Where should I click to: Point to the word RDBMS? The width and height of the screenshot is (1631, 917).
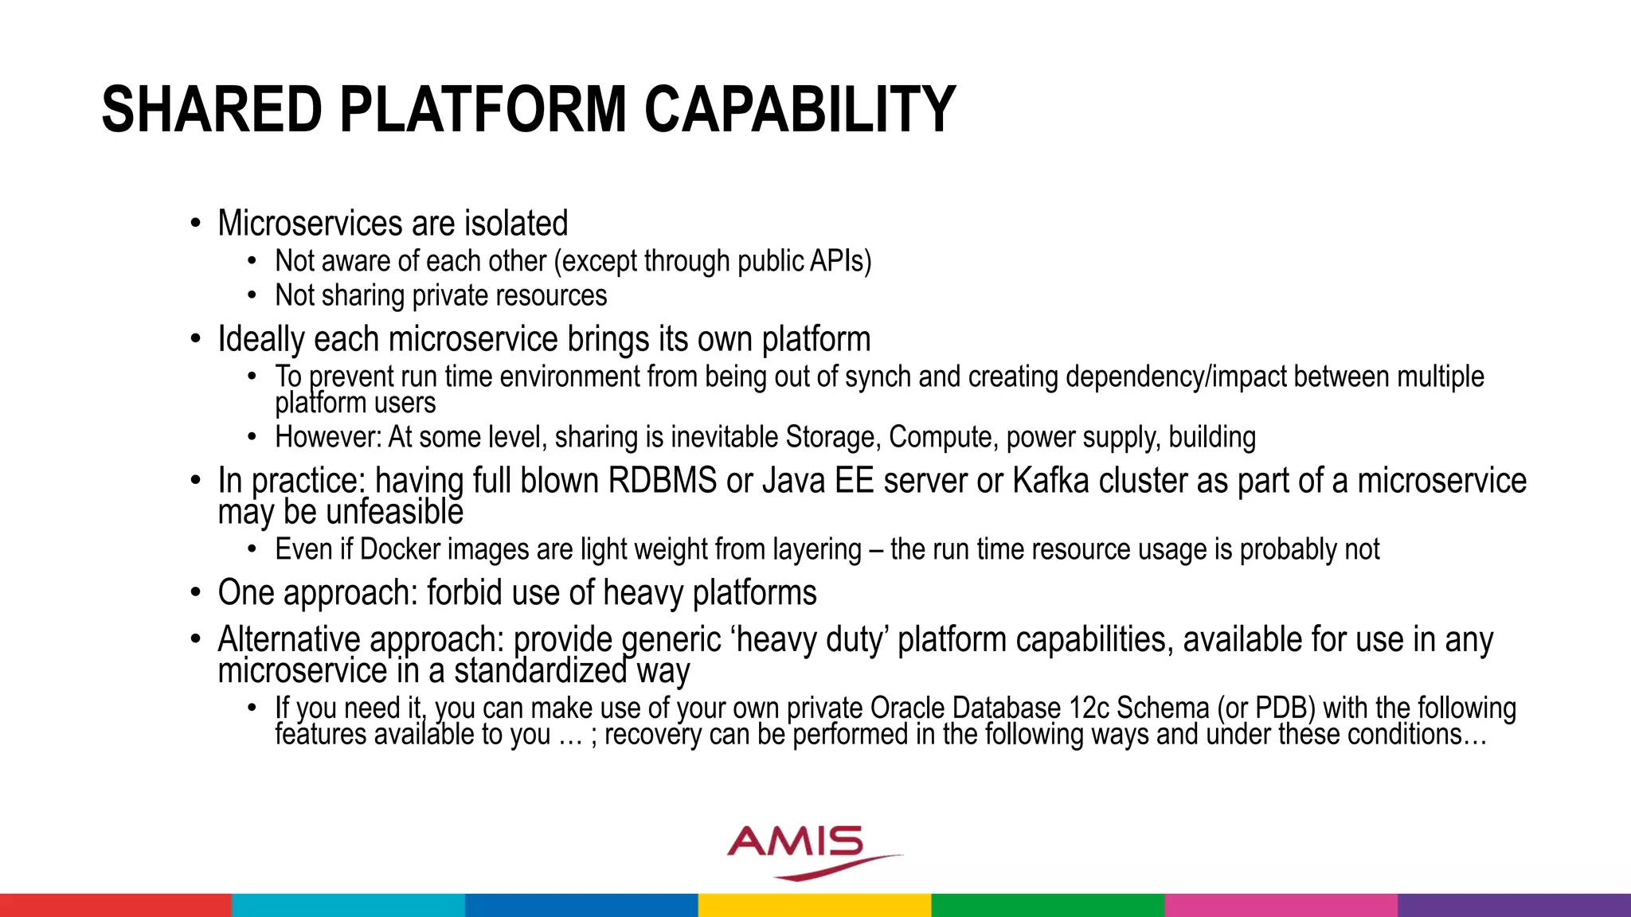pos(663,481)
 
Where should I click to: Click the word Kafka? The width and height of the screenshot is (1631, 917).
pos(1050,481)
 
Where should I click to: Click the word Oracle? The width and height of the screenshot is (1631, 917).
pos(907,708)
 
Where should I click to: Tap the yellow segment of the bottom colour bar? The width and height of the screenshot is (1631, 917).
pos(815,905)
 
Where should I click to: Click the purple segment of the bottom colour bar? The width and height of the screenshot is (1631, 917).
pos(1514,905)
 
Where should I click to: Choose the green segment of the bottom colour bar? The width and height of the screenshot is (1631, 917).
pos(1047,905)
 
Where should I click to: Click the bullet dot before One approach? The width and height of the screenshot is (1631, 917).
pos(196,594)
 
